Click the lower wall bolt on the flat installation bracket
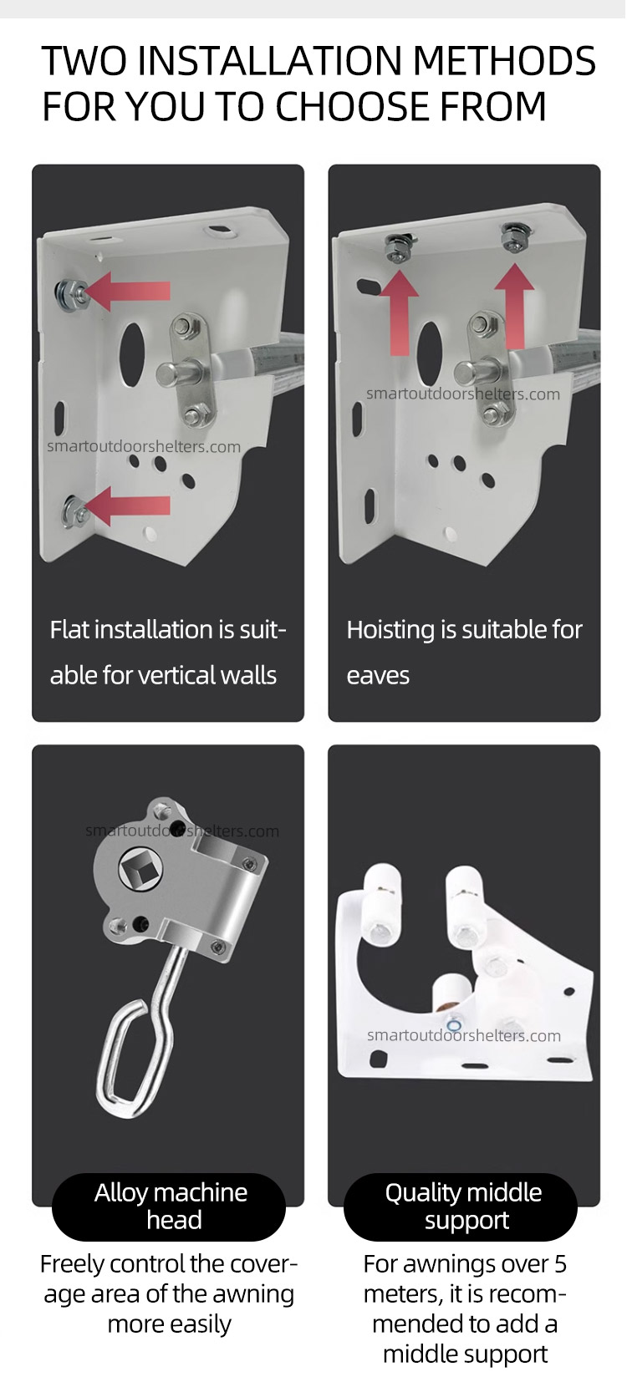click(x=73, y=511)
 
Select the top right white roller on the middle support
click(x=467, y=907)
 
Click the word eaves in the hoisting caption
click(x=378, y=676)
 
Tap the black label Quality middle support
click(x=461, y=1207)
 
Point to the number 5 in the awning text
click(x=560, y=1263)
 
